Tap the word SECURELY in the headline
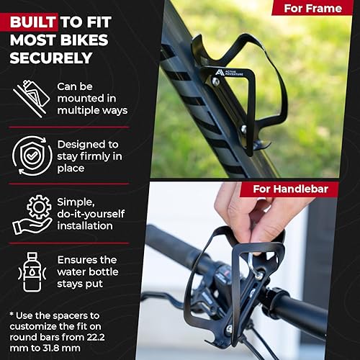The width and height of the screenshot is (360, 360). click(x=51, y=57)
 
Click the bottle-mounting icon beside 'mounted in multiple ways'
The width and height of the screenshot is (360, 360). click(x=30, y=97)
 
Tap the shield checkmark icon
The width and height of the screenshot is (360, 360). click(x=30, y=154)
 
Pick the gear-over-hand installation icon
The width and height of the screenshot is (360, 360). click(x=32, y=215)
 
